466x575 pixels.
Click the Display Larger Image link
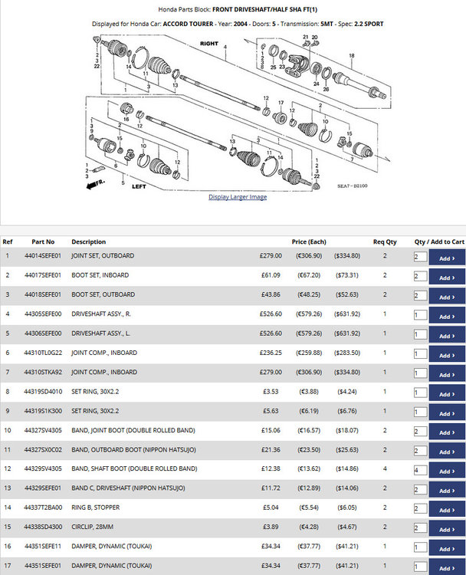(238, 197)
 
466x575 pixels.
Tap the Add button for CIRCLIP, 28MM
(447, 529)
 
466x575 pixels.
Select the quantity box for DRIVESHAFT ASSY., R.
(421, 314)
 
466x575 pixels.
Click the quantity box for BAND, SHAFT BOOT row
(421, 470)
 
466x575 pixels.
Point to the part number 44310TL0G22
(43, 353)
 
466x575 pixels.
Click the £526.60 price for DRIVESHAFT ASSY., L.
(271, 333)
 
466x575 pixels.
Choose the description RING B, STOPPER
(95, 508)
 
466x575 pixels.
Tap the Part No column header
(43, 242)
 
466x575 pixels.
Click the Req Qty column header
(385, 242)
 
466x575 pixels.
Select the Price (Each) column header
(309, 242)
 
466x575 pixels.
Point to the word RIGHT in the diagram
(209, 43)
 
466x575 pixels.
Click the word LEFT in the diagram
(139, 186)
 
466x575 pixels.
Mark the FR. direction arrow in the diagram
(95, 184)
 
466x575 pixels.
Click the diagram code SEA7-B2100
(352, 186)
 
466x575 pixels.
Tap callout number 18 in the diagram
(352, 56)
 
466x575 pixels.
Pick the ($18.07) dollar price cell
(347, 430)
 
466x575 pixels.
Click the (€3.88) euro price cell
(309, 392)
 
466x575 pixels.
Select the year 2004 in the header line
(241, 24)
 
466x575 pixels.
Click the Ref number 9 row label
(8, 411)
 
